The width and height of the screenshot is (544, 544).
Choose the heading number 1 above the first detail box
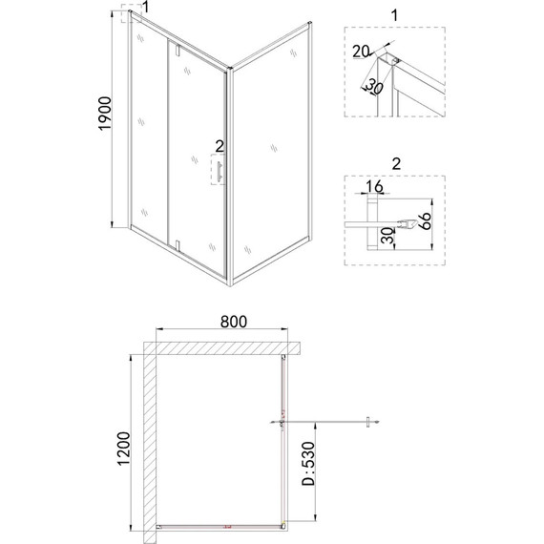click(394, 15)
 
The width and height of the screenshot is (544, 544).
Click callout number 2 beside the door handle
click(220, 146)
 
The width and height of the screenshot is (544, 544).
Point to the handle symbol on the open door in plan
click(367, 420)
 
